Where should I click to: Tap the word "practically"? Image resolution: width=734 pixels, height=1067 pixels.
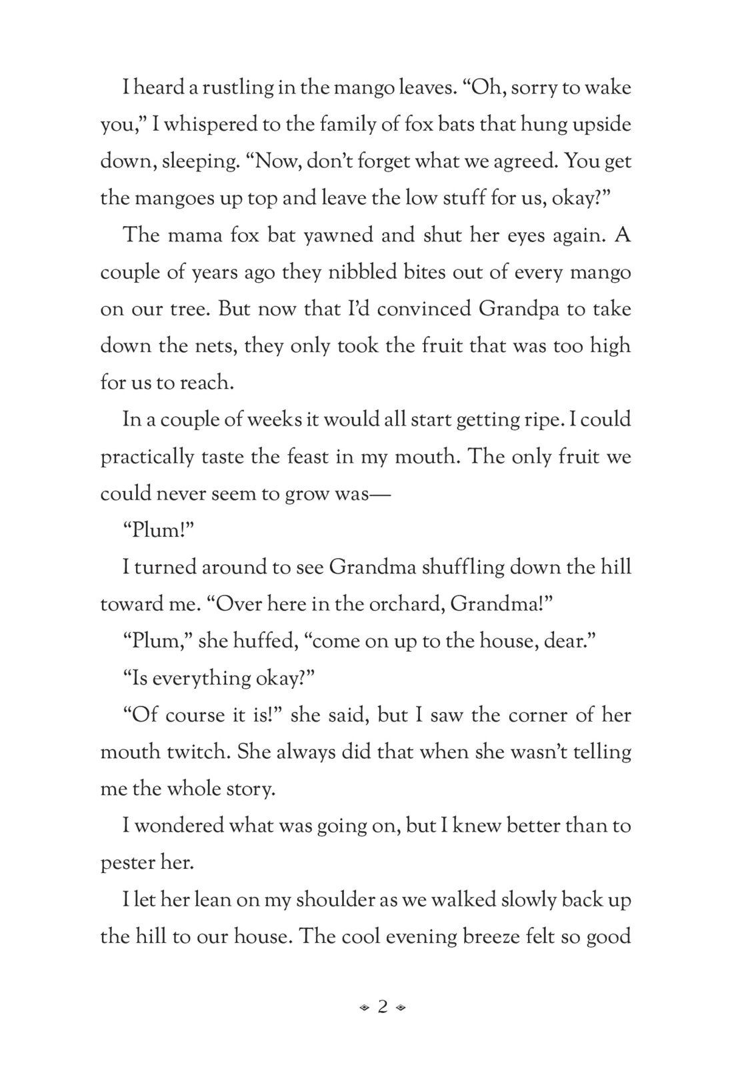tap(142, 457)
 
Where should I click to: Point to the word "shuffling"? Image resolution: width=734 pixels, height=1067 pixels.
tap(436, 568)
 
